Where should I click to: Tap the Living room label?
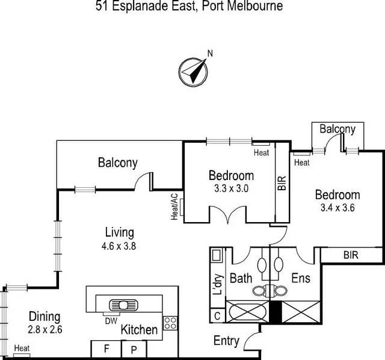[119, 232]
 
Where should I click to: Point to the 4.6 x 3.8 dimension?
[119, 245]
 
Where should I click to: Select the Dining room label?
[45, 317]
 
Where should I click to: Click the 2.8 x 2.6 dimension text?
[45, 329]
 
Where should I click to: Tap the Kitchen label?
[140, 329]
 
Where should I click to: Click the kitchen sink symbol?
[123, 303]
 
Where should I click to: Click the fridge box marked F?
[106, 349]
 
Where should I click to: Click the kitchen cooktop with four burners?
[170, 323]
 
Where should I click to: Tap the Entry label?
[226, 341]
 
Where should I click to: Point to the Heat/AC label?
[174, 207]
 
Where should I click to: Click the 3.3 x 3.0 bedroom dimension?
[231, 188]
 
